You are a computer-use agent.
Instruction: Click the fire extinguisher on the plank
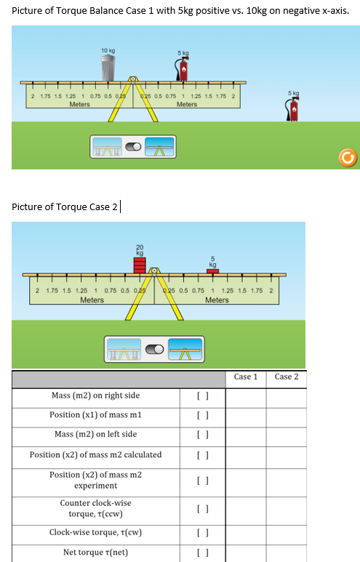point(183,70)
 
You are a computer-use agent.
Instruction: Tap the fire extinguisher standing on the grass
point(294,109)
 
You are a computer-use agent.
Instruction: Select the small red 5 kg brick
point(212,270)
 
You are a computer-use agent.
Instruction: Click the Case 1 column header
point(245,377)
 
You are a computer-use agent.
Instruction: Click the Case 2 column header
point(286,377)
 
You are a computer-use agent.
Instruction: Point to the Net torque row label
point(95,553)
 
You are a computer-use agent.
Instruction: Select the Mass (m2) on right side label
point(95,396)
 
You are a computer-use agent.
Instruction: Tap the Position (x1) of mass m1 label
point(95,414)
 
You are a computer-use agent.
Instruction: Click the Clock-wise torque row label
point(95,532)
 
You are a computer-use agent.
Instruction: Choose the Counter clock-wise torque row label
point(95,508)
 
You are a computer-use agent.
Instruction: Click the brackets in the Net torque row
point(203,553)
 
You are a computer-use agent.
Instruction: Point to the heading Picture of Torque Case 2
point(65,206)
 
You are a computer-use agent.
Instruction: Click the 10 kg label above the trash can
point(108,50)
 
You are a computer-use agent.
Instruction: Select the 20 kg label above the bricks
point(139,249)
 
